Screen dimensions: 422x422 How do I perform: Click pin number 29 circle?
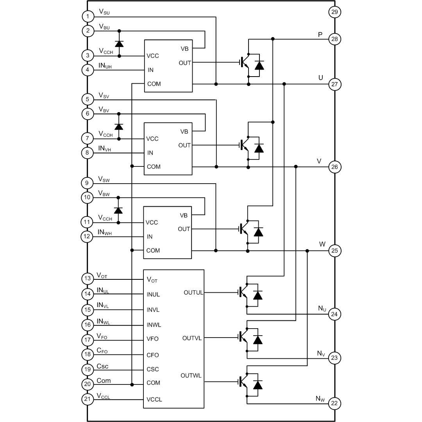(x=334, y=12)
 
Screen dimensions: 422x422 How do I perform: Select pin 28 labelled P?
(x=334, y=39)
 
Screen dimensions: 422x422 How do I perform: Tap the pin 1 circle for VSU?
(x=88, y=16)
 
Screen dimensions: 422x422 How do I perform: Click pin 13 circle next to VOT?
(x=87, y=279)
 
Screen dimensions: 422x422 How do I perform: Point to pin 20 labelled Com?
(x=87, y=384)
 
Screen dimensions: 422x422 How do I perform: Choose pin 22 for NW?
(x=334, y=403)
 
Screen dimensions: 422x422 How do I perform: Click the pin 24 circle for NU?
(x=334, y=314)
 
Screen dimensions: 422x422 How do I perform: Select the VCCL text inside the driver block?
(x=154, y=399)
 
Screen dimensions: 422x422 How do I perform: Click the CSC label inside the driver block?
(x=153, y=369)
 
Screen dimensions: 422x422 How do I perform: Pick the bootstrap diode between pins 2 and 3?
(x=119, y=43)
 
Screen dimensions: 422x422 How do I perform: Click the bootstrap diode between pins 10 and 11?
(x=118, y=210)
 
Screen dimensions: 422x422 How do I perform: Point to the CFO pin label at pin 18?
(x=102, y=351)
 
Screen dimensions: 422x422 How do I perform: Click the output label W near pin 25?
(x=322, y=244)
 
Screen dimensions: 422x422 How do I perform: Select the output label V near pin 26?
(x=319, y=161)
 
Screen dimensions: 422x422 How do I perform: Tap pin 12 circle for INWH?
(x=87, y=236)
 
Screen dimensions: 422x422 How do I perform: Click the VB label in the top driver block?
(x=185, y=49)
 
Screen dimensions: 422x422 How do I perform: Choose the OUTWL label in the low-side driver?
(x=191, y=376)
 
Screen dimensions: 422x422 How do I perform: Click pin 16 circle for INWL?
(x=87, y=325)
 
